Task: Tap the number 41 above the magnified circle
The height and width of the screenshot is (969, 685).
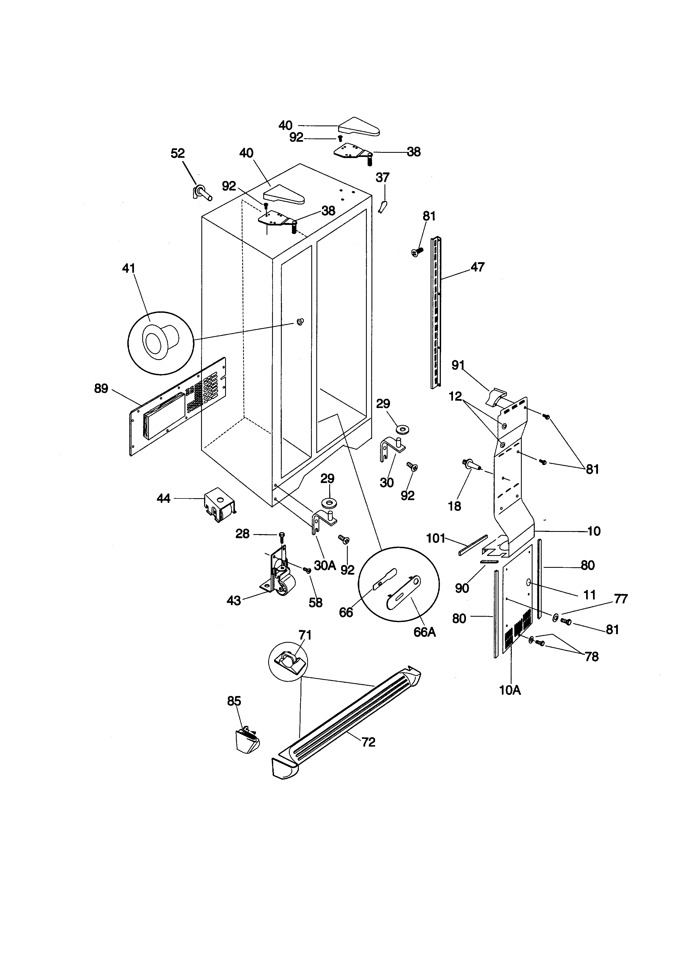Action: (x=129, y=268)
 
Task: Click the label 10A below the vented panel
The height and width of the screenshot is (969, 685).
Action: (x=510, y=690)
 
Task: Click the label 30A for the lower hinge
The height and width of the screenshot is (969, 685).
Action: (x=325, y=566)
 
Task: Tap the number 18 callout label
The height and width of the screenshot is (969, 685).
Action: (x=454, y=506)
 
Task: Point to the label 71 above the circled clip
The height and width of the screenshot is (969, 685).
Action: (x=305, y=635)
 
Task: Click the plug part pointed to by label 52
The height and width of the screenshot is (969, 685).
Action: (x=202, y=193)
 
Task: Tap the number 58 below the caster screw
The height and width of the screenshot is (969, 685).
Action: (x=315, y=602)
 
